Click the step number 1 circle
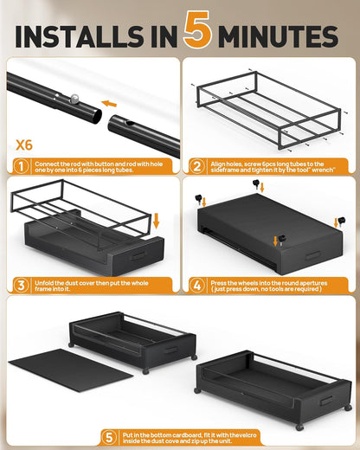coord(20,165)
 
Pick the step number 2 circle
coord(197,165)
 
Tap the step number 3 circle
coord(20,284)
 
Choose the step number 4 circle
coord(197,284)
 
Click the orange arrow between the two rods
coord(108,103)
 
